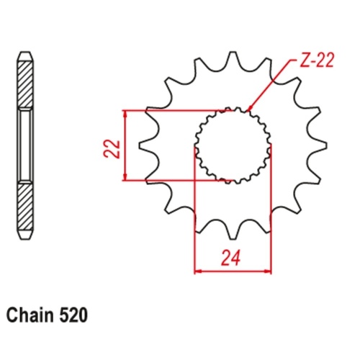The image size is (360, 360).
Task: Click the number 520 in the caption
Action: tap(76, 315)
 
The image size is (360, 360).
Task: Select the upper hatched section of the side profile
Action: tap(24, 83)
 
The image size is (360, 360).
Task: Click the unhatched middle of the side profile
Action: tap(24, 144)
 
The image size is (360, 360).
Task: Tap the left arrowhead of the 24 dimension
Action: tap(197, 271)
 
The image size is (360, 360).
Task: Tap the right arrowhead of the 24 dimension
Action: tap(269, 271)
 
